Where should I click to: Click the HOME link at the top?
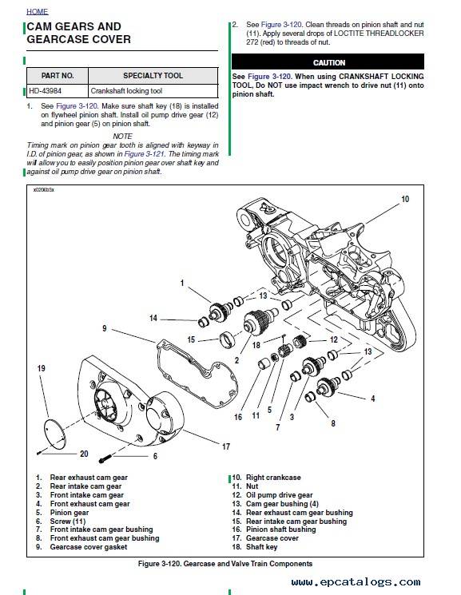coord(38,12)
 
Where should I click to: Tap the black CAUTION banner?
coord(328,61)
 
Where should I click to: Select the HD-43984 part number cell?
coord(58,91)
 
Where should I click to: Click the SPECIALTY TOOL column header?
coord(153,76)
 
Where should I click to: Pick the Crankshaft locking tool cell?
coord(153,91)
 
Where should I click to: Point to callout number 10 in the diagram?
coord(405,199)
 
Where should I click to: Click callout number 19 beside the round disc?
coord(41,368)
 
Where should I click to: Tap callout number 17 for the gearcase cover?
coord(226,446)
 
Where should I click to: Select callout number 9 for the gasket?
coord(105,328)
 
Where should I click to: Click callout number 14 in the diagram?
coord(153,318)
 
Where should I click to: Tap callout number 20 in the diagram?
coord(84,454)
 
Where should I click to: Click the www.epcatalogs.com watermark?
coord(356,581)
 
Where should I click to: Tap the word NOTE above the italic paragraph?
coord(122,137)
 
